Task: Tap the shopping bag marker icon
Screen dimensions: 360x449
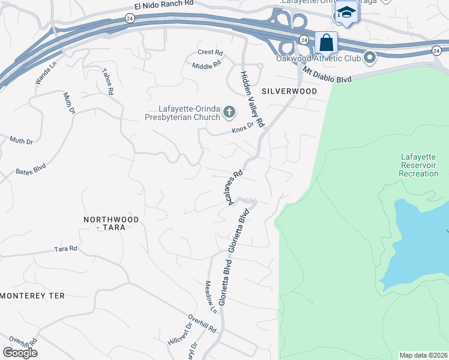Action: (326, 43)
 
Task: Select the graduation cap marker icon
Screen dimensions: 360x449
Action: (346, 13)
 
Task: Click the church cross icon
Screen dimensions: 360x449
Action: (229, 112)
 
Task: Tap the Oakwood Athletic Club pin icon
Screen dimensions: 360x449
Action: (369, 58)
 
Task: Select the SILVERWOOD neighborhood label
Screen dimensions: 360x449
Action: (289, 91)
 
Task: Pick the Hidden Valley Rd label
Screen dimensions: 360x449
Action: (253, 98)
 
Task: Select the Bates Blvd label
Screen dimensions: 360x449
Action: (31, 170)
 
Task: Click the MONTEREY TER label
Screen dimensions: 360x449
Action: (32, 296)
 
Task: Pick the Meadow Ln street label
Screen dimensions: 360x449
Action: (211, 298)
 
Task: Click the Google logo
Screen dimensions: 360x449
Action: (20, 353)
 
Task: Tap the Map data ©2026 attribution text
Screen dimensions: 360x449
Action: (423, 355)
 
